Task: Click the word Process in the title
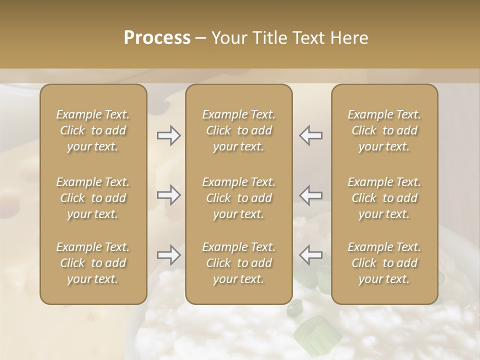coord(157,38)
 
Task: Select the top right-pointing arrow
coord(168,135)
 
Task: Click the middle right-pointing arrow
coord(168,195)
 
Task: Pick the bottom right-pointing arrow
coord(168,255)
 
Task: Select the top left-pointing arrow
coord(311,135)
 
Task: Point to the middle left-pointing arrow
coord(311,195)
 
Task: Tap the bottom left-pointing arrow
coord(311,255)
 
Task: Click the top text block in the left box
coord(93,130)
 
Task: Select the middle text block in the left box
coord(93,198)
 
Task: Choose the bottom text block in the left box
coord(93,263)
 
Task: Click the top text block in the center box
coord(239,130)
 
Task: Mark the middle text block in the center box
coord(239,198)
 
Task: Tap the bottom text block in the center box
coord(239,263)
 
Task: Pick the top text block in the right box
coord(384,130)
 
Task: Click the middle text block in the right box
coord(384,198)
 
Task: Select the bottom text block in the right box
coord(384,263)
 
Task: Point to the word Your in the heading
coord(228,38)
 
